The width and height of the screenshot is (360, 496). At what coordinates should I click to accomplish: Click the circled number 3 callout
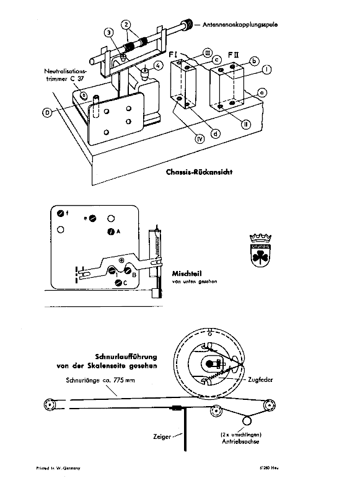point(108,32)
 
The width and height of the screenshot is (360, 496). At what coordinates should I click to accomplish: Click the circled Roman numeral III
point(206,55)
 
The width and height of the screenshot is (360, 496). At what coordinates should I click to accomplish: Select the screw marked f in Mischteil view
point(60,213)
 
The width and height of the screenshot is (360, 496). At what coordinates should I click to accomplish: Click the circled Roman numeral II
point(247,123)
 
